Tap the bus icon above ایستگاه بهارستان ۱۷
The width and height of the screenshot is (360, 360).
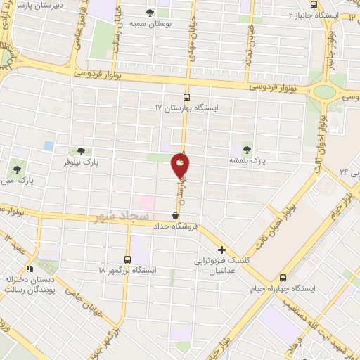[x=186, y=98]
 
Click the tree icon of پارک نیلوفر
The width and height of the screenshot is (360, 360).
[x=81, y=150]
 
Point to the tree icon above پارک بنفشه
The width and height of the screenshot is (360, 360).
[x=246, y=148]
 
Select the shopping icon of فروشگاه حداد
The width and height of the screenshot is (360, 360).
[x=175, y=215]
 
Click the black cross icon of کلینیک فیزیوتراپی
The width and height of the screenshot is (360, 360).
[x=221, y=250]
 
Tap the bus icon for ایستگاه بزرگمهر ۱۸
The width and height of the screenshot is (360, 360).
[x=127, y=259]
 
